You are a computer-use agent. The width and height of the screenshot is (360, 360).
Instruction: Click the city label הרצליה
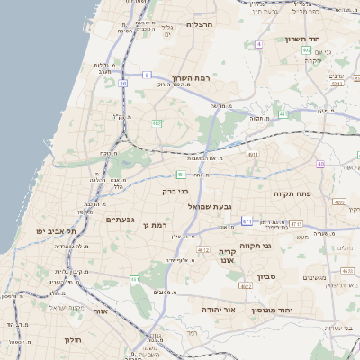[198, 24]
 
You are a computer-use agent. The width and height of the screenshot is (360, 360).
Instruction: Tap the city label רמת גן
[157, 224]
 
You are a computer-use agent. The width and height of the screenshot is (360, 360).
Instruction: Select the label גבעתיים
[120, 220]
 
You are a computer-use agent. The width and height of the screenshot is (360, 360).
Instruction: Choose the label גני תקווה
[256, 246]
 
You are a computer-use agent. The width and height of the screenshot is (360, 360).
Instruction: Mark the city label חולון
[73, 339]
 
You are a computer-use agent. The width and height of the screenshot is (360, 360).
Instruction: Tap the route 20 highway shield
[122, 83]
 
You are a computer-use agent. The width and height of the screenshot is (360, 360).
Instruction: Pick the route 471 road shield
[247, 220]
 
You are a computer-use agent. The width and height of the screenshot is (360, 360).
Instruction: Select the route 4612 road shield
[203, 249]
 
